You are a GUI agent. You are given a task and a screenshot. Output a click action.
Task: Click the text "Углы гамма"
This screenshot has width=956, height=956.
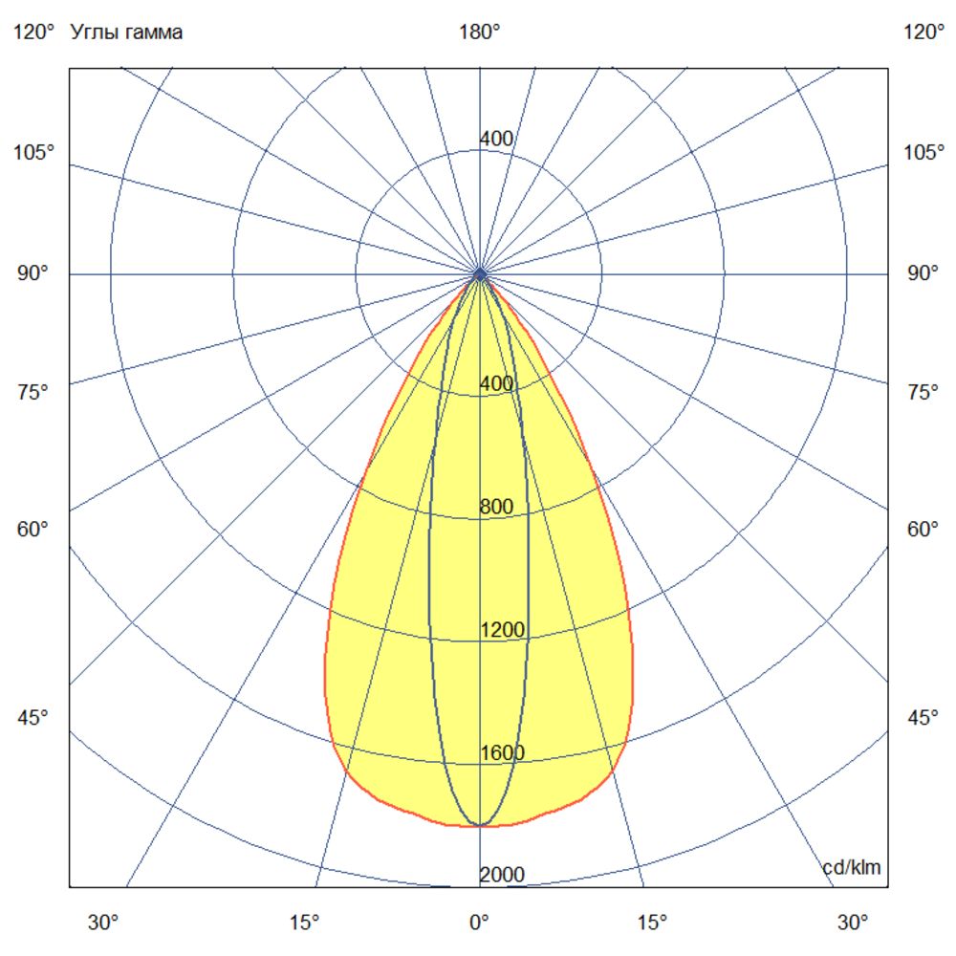pyautogui.click(x=127, y=33)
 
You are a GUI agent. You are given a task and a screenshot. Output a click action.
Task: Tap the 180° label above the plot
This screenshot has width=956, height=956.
pyautogui.click(x=479, y=33)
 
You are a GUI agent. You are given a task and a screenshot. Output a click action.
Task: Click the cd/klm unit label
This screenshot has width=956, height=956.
pyautogui.click(x=852, y=867)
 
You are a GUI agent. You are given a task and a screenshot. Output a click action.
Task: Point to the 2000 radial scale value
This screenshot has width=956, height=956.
pyautogui.click(x=502, y=876)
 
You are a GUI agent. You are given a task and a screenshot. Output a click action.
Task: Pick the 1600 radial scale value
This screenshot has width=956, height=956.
pyautogui.click(x=502, y=753)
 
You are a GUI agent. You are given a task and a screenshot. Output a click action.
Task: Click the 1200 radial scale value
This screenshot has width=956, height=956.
pyautogui.click(x=502, y=630)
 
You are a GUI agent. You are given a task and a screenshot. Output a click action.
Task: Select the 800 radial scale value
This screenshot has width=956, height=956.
pyautogui.click(x=496, y=508)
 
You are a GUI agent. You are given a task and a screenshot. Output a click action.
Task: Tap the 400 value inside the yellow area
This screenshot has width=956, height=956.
pyautogui.click(x=496, y=384)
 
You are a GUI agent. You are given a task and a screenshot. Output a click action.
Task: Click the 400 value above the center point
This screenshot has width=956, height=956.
pyautogui.click(x=496, y=140)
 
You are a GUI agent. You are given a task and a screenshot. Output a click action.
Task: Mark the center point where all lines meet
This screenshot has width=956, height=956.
pyautogui.click(x=480, y=274)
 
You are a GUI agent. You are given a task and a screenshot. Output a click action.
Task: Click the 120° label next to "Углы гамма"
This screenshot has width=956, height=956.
pyautogui.click(x=34, y=33)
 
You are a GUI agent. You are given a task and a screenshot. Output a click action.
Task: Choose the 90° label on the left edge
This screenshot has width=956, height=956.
pyautogui.click(x=34, y=274)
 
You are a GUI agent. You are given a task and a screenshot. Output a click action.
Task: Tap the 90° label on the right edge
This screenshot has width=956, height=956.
pyautogui.click(x=923, y=274)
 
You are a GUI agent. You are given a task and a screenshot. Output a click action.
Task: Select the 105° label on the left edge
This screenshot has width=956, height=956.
pyautogui.click(x=34, y=153)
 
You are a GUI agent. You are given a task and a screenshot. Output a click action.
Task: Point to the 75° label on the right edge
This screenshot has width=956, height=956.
pyautogui.click(x=923, y=392)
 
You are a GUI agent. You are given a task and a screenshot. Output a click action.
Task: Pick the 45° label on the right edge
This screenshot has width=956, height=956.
pyautogui.click(x=923, y=718)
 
